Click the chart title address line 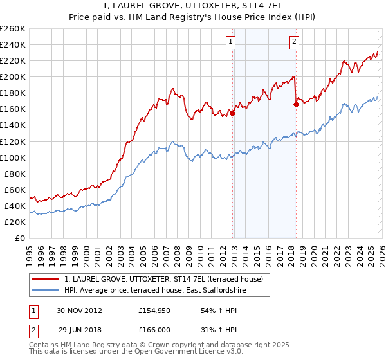click(193, 6)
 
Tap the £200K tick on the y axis click(13, 76)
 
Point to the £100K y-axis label click(13, 157)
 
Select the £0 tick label click(21, 238)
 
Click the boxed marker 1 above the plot click(230, 42)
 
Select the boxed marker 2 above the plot click(294, 42)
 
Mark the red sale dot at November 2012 click(233, 113)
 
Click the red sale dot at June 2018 click(296, 104)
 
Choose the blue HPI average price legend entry click(155, 291)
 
